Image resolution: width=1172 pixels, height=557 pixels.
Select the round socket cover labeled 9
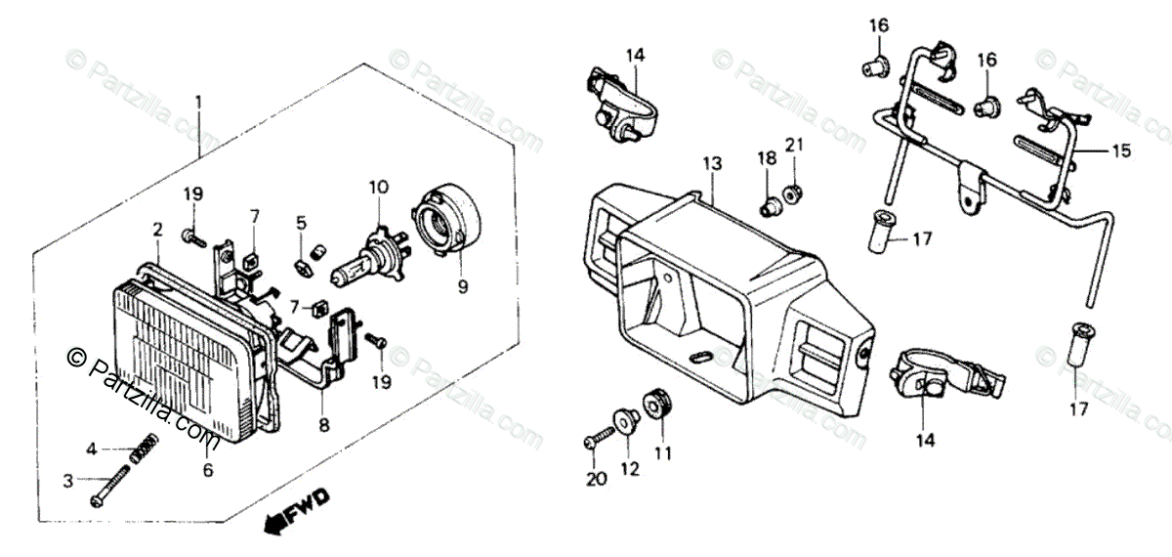(x=451, y=228)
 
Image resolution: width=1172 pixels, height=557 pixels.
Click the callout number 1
(x=198, y=102)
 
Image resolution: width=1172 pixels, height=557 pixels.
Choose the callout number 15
(x=1120, y=151)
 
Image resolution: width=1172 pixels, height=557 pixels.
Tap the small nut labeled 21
(x=794, y=192)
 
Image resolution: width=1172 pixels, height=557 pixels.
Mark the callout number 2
(x=157, y=231)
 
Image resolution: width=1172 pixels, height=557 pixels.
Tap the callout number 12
(x=630, y=469)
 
